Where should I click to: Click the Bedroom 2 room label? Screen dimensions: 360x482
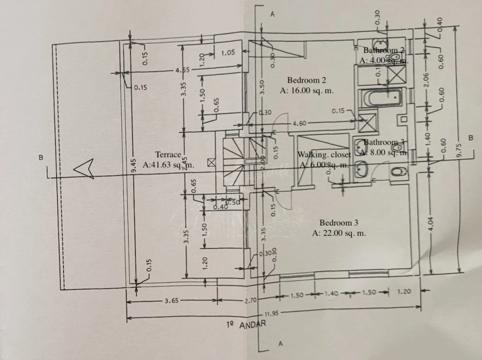306,80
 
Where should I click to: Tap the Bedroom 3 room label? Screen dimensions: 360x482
339,222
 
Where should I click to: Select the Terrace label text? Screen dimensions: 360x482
168,154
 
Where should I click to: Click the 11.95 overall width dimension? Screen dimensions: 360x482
271,313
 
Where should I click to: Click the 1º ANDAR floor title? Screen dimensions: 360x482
246,324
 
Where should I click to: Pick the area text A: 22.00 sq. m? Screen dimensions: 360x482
339,233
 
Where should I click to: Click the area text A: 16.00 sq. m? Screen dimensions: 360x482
306,91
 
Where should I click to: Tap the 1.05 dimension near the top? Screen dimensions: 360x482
227,52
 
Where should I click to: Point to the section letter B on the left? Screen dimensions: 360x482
40,157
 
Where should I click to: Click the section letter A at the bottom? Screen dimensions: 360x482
280,343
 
